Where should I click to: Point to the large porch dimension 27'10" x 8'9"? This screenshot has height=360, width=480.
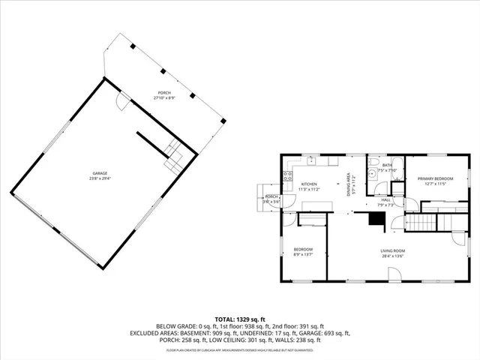coord(163,97)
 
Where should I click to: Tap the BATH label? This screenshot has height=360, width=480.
coord(387,165)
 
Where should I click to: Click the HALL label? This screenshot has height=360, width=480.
coord(385,199)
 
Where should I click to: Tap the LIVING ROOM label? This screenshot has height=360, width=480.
coord(393,250)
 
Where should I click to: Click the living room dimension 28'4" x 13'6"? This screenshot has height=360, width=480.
coord(393,256)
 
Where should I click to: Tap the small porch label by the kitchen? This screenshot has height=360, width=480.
coord(271,196)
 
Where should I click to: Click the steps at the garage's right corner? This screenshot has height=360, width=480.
coord(174,155)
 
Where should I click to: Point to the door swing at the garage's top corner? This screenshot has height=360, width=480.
coord(121,103)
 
